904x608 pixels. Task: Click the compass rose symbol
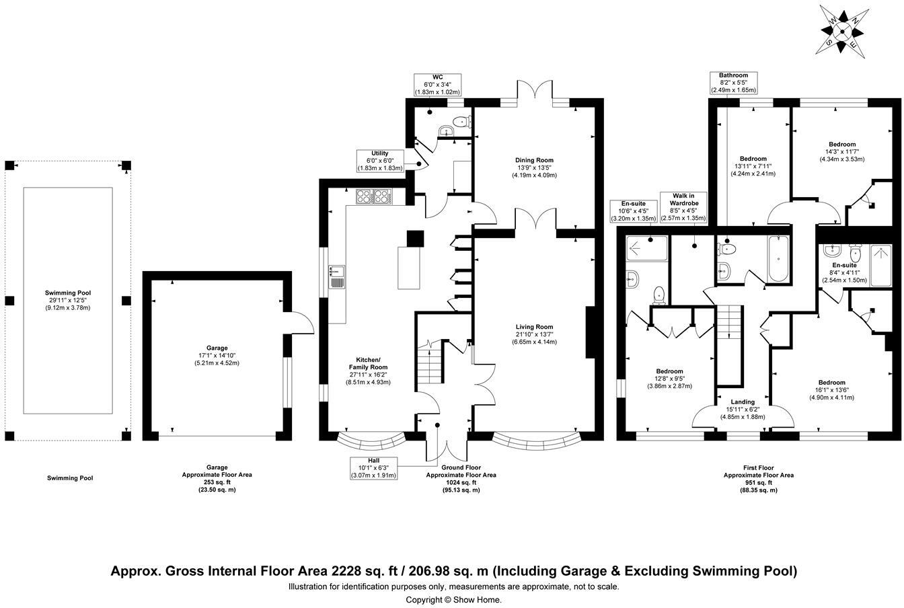(x=841, y=32)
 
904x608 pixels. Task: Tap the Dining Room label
(x=534, y=160)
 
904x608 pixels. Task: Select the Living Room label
(x=534, y=327)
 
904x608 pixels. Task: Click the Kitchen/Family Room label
(x=368, y=363)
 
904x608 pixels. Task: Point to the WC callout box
(x=438, y=85)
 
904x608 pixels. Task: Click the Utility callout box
(x=380, y=161)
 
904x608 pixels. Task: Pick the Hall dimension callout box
(x=374, y=468)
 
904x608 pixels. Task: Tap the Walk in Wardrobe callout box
(x=683, y=207)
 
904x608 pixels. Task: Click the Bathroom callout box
(x=733, y=83)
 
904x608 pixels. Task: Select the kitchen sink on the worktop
(x=336, y=276)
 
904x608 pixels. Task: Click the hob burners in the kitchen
(x=374, y=196)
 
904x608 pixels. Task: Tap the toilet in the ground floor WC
(x=461, y=120)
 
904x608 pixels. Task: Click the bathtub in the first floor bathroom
(x=778, y=259)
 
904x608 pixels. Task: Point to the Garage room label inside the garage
(x=217, y=348)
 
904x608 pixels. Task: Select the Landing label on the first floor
(x=743, y=402)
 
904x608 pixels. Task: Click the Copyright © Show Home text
(x=453, y=600)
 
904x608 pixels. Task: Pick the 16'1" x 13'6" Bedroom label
(x=832, y=389)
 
